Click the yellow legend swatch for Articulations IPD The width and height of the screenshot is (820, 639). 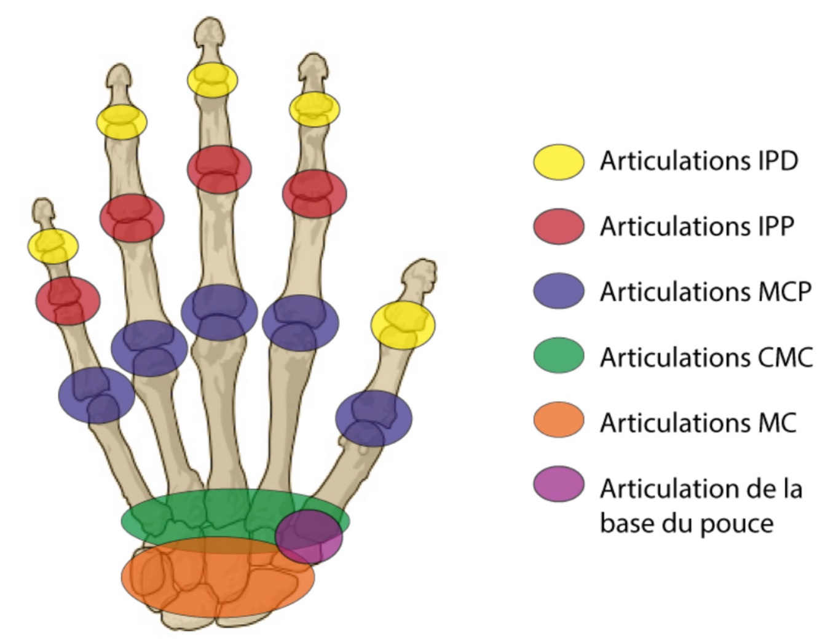click(x=558, y=162)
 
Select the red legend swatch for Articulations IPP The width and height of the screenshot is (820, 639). click(x=558, y=226)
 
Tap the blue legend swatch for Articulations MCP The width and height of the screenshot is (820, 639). click(x=558, y=291)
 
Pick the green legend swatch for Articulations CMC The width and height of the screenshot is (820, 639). click(x=558, y=355)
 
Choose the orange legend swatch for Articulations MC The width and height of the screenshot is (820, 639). click(x=558, y=421)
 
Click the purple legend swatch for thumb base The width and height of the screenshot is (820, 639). click(x=558, y=485)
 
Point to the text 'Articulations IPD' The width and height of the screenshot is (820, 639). click(x=699, y=161)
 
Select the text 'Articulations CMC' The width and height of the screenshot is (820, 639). click(x=706, y=356)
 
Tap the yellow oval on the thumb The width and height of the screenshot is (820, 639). click(x=403, y=325)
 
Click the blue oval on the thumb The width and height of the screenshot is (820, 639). click(x=374, y=418)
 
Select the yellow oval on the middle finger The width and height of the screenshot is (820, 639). click(x=213, y=79)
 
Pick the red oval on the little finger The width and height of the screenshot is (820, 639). click(x=68, y=300)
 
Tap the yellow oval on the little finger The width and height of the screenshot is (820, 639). click(x=53, y=245)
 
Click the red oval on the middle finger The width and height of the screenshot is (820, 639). click(x=219, y=169)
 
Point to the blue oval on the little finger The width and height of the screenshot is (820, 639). click(x=97, y=395)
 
